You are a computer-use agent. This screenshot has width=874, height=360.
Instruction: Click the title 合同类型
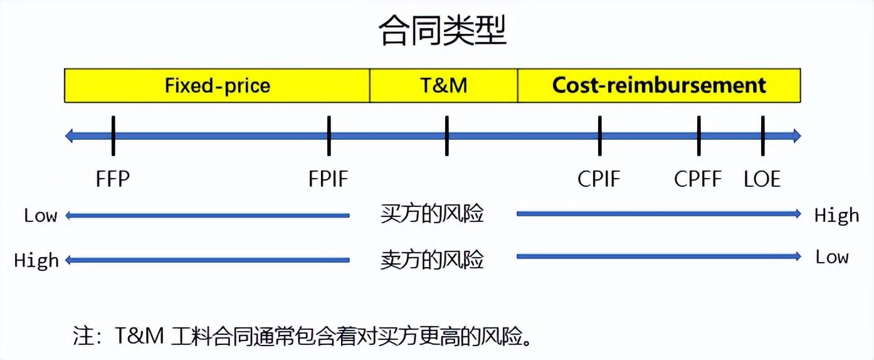pyautogui.click(x=442, y=31)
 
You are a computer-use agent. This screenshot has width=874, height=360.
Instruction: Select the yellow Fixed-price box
pyautogui.click(x=217, y=85)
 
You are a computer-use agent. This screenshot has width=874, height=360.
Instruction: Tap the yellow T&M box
pyautogui.click(x=443, y=85)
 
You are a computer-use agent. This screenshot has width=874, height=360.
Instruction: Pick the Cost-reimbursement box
pyautogui.click(x=659, y=85)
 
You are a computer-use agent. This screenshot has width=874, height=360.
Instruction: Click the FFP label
pyautogui.click(x=113, y=179)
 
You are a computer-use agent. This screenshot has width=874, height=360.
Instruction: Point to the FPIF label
pyautogui.click(x=328, y=179)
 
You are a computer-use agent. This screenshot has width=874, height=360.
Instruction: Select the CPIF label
pyautogui.click(x=599, y=179)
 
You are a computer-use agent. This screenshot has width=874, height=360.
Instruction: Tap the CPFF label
pyautogui.click(x=698, y=179)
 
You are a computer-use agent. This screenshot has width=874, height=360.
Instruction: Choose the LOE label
pyautogui.click(x=762, y=179)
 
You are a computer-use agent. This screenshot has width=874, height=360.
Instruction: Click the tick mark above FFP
pyautogui.click(x=113, y=135)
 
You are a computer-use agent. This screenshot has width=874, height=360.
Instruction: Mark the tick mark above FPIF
pyautogui.click(x=329, y=135)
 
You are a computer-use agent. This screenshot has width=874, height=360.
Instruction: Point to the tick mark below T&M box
pyautogui.click(x=446, y=135)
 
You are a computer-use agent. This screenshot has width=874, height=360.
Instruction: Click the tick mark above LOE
pyautogui.click(x=762, y=135)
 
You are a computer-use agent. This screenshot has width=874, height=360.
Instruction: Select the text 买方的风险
pyautogui.click(x=432, y=214)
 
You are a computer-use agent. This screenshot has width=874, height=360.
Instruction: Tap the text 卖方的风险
pyautogui.click(x=432, y=259)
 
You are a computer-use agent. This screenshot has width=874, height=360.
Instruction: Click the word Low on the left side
pyautogui.click(x=41, y=216)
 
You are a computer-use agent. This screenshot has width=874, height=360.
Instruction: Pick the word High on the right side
pyautogui.click(x=836, y=216)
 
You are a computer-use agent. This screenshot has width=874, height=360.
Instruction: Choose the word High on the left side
pyautogui.click(x=36, y=260)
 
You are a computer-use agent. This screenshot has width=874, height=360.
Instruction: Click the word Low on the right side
pyautogui.click(x=831, y=257)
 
